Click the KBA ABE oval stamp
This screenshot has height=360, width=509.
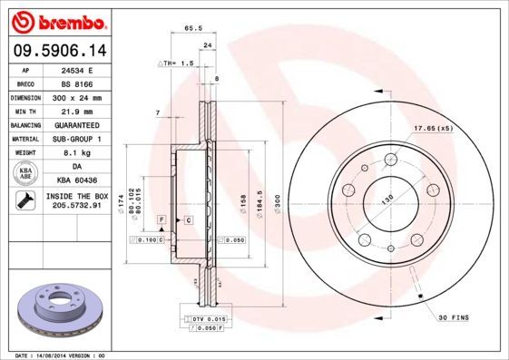pos(27,174)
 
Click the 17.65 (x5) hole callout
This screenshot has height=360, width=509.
pos(433,128)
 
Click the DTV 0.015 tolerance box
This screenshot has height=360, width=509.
pos(203,319)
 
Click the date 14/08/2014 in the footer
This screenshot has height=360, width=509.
pos(53,355)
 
